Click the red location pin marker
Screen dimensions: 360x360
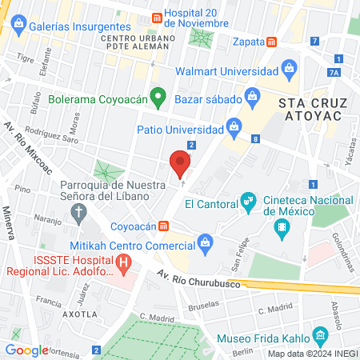click(181, 164)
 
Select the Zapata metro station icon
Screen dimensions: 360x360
click(271, 42)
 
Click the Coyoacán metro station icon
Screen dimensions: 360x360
click(162, 226)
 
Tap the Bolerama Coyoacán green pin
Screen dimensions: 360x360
click(158, 98)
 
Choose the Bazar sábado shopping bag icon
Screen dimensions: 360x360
click(253, 98)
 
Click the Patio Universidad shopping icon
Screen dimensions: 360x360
click(234, 125)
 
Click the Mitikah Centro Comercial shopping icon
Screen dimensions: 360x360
click(206, 242)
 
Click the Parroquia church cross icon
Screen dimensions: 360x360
click(78, 212)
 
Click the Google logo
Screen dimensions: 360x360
click(26, 350)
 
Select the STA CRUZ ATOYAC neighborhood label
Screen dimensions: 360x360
click(310, 110)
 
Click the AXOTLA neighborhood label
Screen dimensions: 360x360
click(79, 315)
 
